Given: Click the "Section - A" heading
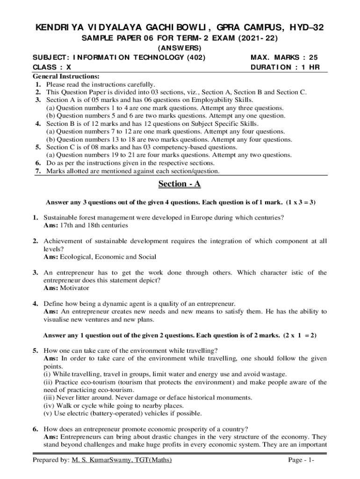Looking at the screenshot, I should [x=180, y=184].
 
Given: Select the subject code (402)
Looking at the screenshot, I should [x=196, y=58].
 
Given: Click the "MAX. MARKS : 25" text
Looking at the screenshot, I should [x=284, y=58].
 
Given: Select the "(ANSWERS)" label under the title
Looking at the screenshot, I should [x=180, y=48].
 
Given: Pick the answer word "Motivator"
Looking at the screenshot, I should [x=74, y=288].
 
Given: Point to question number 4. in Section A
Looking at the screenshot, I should [x=35, y=304].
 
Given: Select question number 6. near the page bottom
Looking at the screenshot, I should [x=35, y=429].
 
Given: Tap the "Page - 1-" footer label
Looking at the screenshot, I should [x=301, y=461].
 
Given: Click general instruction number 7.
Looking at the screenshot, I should [x=37, y=171].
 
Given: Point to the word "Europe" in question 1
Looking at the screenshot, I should [x=198, y=218].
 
